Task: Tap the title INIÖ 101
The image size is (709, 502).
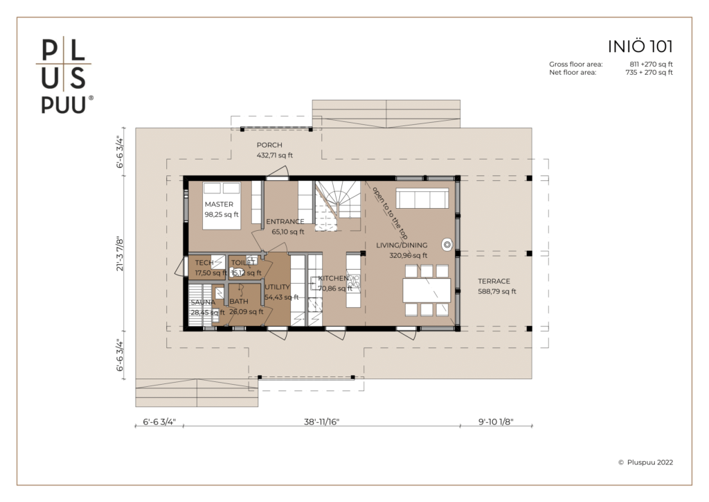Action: click(x=640, y=46)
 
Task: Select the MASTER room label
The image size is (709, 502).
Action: click(x=219, y=204)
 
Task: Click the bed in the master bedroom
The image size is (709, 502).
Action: click(x=221, y=205)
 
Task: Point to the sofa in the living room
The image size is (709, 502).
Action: click(x=422, y=198)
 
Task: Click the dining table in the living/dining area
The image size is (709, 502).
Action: click(x=427, y=290)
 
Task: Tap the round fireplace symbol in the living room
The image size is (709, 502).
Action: click(x=447, y=245)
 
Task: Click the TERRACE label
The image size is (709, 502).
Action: click(x=494, y=281)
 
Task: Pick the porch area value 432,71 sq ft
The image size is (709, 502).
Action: click(x=274, y=155)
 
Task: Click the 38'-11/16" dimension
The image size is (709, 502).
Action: click(x=321, y=422)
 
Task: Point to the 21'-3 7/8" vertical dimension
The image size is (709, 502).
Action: click(x=120, y=254)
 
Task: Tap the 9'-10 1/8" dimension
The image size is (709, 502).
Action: click(x=496, y=422)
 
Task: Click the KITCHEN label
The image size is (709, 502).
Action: click(x=333, y=278)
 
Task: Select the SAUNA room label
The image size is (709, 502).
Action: click(x=203, y=302)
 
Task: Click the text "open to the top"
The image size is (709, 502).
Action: click(x=390, y=213)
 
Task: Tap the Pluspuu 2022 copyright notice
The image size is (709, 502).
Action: click(x=645, y=462)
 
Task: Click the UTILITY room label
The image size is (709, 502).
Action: click(x=277, y=287)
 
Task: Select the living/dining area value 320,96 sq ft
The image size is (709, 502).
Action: click(x=409, y=255)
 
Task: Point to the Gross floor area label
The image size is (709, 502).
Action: click(x=576, y=64)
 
